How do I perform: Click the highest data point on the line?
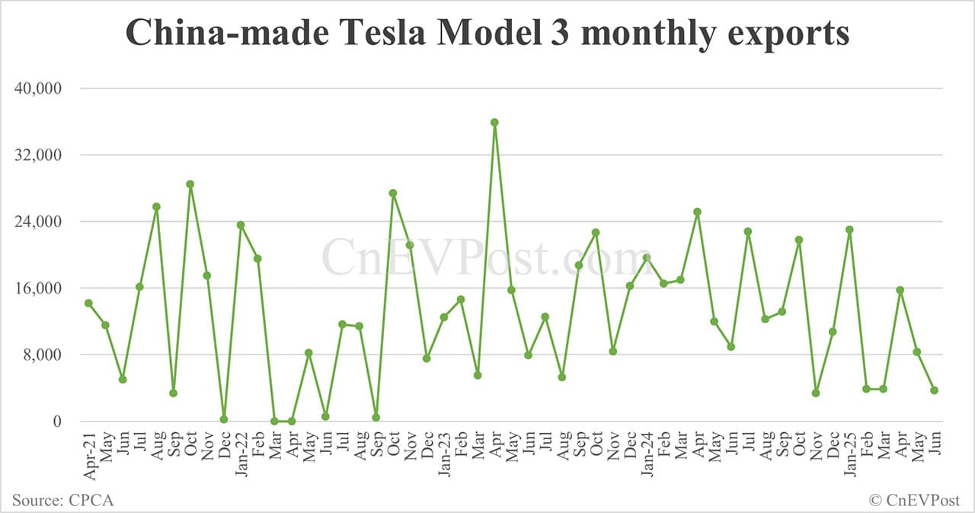[494, 122]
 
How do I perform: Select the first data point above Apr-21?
[88, 303]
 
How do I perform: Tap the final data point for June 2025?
[934, 390]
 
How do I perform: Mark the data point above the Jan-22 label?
[241, 225]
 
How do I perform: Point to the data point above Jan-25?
[849, 229]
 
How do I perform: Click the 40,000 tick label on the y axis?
[39, 88]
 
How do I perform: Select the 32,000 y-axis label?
[39, 156]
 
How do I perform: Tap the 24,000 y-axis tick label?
[39, 222]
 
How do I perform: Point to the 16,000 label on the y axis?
[39, 288]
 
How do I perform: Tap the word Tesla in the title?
[352, 34]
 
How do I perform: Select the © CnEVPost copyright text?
[915, 500]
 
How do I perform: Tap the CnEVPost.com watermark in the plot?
[487, 258]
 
